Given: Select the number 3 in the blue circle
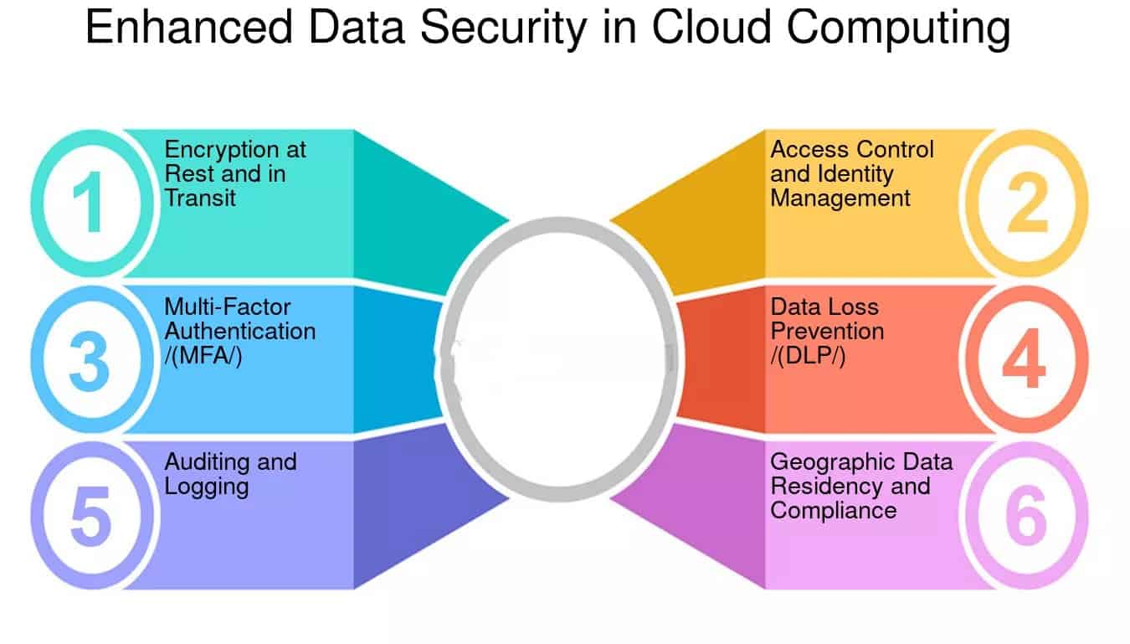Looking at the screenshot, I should (x=89, y=360).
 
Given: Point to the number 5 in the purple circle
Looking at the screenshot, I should (x=90, y=516).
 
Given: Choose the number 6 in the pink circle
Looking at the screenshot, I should (x=1025, y=516).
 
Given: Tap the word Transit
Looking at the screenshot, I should (x=200, y=198).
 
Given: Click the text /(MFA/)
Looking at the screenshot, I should (x=203, y=354).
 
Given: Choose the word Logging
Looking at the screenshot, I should (x=206, y=487).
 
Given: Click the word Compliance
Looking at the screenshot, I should (x=833, y=510).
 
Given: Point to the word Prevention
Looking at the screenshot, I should (x=827, y=331).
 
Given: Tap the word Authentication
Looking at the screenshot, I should (x=240, y=331).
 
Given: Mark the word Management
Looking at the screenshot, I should (x=840, y=198).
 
